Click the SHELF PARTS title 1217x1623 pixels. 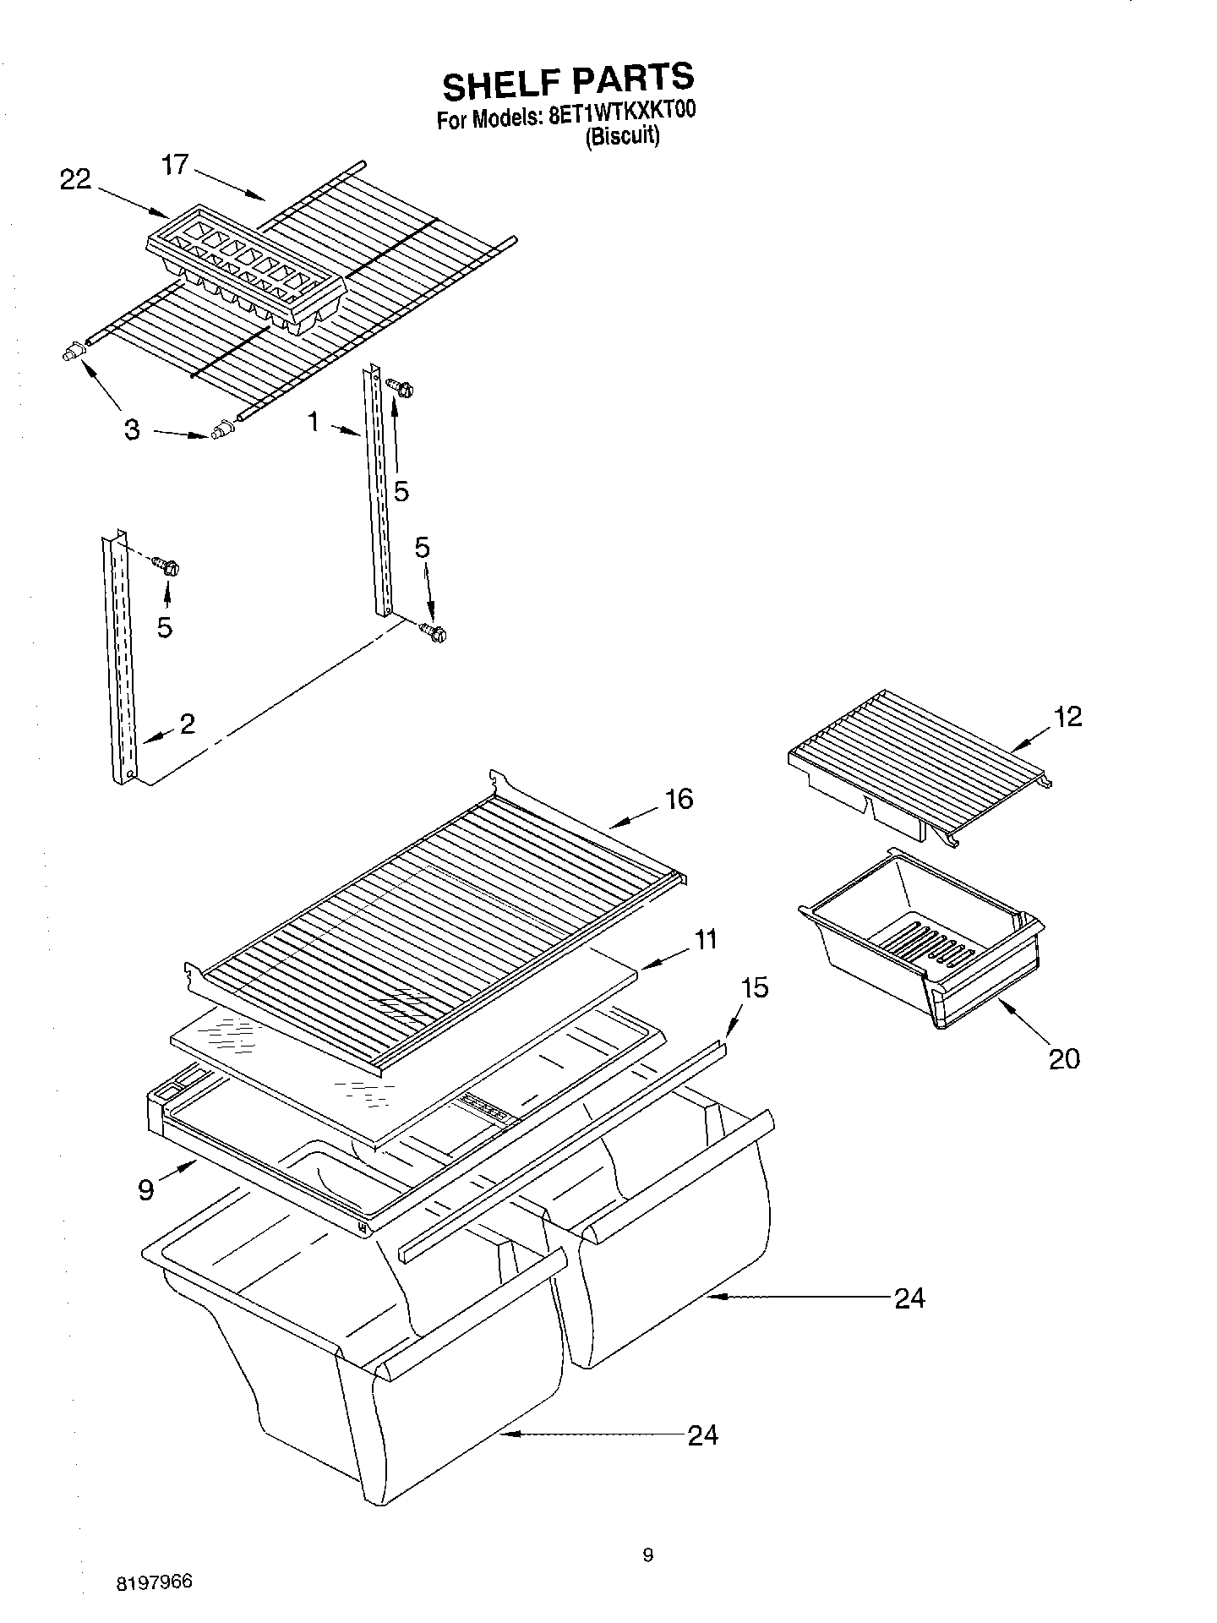[x=568, y=82]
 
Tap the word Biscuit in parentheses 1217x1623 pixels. [x=622, y=137]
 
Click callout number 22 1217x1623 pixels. [x=75, y=179]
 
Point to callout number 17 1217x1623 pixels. [x=175, y=164]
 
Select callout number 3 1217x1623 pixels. [x=132, y=429]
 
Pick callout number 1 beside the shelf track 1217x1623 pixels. [x=314, y=421]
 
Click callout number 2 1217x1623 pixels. [x=187, y=723]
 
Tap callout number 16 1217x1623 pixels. [x=679, y=799]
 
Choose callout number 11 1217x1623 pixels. [x=706, y=939]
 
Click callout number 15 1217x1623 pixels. [x=755, y=987]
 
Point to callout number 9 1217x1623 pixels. [x=146, y=1190]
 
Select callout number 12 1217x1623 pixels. [x=1068, y=716]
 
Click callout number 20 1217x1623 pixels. [x=1064, y=1057]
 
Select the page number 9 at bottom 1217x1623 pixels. [x=647, y=1555]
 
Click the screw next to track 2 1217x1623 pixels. [x=167, y=566]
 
